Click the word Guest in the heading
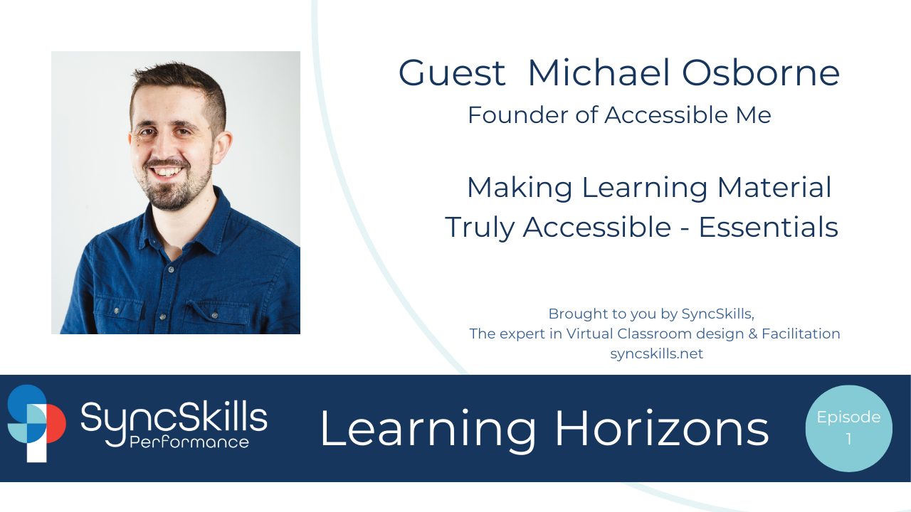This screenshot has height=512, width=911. (x=452, y=73)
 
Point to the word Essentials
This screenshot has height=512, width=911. (x=768, y=228)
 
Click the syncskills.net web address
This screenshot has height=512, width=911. (x=656, y=354)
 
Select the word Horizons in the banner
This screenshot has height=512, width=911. (x=661, y=430)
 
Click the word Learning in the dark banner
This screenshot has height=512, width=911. (x=427, y=430)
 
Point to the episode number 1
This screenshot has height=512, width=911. (x=848, y=440)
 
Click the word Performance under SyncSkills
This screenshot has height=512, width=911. (x=189, y=442)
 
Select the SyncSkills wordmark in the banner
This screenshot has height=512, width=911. (x=174, y=418)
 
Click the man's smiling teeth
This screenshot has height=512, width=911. (x=168, y=171)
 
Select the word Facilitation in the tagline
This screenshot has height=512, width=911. (x=801, y=334)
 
